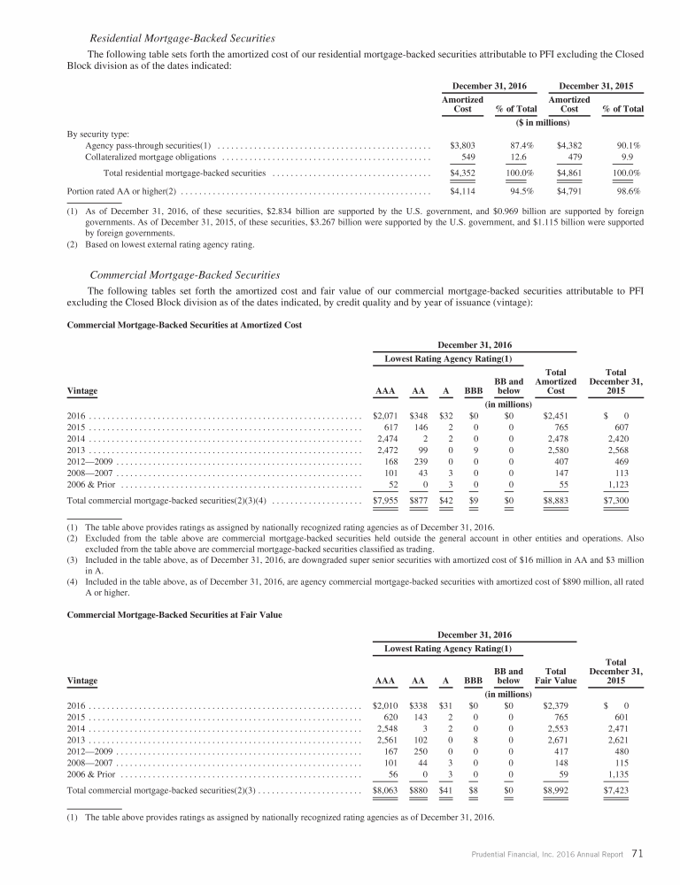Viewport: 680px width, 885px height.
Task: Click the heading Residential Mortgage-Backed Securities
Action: click(182, 38)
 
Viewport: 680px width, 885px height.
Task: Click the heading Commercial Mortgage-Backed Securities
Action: click(185, 275)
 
